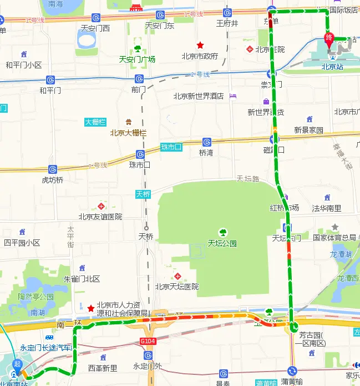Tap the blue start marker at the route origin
tap(18, 367)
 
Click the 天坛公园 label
tap(222, 243)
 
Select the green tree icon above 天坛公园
tap(222, 232)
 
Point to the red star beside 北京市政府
tap(200, 45)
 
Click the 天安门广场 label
tap(137, 59)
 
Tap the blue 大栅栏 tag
tap(95, 122)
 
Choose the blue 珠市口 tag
tap(171, 147)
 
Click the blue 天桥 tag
tap(143, 194)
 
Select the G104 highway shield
tap(148, 340)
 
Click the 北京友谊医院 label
tap(100, 217)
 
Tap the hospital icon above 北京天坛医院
tap(178, 276)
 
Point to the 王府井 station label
tap(227, 23)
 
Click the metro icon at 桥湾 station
tap(206, 142)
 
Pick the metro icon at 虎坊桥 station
tap(53, 169)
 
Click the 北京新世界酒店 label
tap(198, 96)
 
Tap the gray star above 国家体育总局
tap(334, 227)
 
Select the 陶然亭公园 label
tap(36, 297)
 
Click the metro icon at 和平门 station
tap(50, 80)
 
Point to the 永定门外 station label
tap(147, 367)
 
